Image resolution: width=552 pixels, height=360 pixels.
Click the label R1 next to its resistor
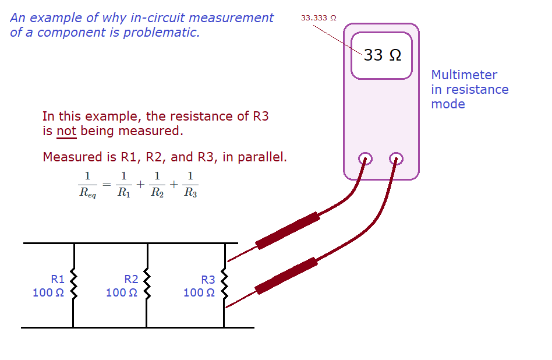pyautogui.click(x=58, y=279)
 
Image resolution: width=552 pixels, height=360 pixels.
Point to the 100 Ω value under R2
pyautogui.click(x=122, y=292)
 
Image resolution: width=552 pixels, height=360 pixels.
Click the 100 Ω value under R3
pyautogui.click(x=199, y=292)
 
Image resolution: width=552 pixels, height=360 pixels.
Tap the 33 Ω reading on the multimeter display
pyautogui.click(x=383, y=55)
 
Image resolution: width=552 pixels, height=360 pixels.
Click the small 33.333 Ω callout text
pyautogui.click(x=319, y=18)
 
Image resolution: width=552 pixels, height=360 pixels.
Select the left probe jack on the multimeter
pyautogui.click(x=365, y=158)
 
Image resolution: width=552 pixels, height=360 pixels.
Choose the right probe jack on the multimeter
pyautogui.click(x=396, y=158)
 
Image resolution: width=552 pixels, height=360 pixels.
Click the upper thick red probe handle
pyautogui.click(x=288, y=231)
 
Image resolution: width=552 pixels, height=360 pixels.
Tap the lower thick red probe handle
pyautogui.click(x=287, y=275)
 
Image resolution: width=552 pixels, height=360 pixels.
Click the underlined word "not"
pyautogui.click(x=66, y=131)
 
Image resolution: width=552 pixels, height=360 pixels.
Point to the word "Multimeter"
pyautogui.click(x=464, y=75)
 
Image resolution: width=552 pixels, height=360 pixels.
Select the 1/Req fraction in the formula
pyautogui.click(x=88, y=185)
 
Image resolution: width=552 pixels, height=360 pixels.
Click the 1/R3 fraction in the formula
pyautogui.click(x=190, y=185)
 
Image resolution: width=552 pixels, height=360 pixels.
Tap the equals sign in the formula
pyautogui.click(x=106, y=185)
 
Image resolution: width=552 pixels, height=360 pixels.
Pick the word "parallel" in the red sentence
pyautogui.click(x=261, y=157)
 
